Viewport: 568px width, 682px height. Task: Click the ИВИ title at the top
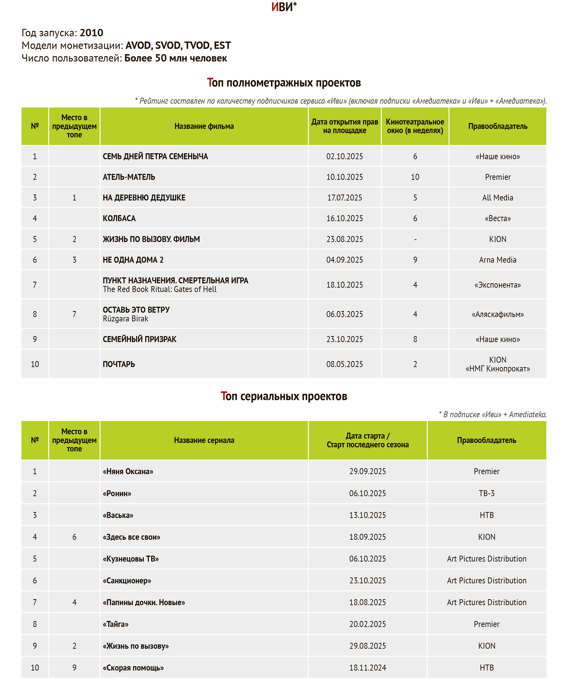coord(283,7)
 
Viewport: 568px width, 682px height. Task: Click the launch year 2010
coord(91,33)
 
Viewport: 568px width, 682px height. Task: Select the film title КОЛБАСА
coord(119,218)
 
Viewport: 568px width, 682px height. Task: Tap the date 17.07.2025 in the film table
coord(344,197)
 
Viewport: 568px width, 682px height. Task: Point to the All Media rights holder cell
coord(497,197)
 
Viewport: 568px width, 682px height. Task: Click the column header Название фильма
coord(204,126)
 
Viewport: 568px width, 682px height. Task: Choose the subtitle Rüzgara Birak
coord(126,319)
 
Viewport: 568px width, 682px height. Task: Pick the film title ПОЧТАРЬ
coord(119,364)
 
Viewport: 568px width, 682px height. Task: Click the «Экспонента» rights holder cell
coord(497,285)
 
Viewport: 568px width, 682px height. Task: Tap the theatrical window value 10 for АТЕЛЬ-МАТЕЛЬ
coord(415,177)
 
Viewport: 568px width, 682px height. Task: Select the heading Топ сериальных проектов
coord(284,396)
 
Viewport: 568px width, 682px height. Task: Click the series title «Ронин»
coord(117,493)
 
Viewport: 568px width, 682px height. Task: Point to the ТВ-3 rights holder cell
coord(486,493)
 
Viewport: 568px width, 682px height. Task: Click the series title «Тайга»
coord(116,624)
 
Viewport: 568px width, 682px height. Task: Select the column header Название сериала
coord(204,440)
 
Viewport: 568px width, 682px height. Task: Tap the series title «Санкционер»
coord(127,580)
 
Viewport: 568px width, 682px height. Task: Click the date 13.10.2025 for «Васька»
coord(367,515)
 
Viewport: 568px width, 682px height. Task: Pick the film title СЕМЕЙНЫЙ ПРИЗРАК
coord(139,339)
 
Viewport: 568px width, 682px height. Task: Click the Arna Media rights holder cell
coord(497,260)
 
